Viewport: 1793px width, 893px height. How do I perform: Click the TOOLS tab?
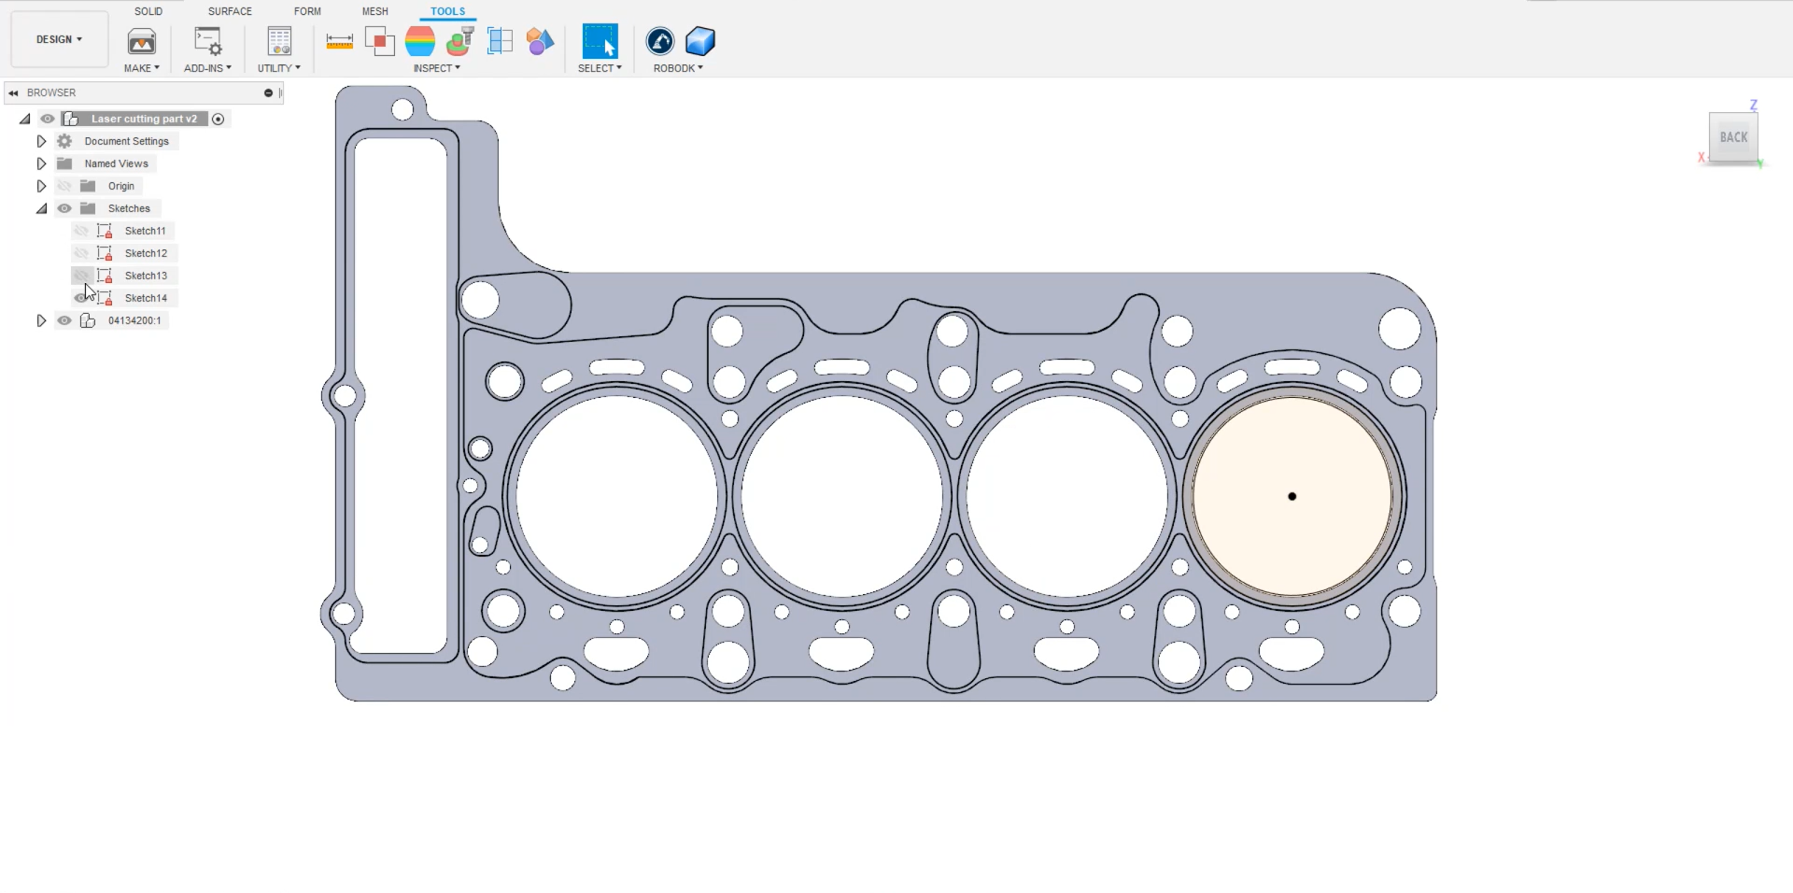click(x=447, y=11)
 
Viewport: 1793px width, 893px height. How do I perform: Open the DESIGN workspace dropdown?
click(x=59, y=39)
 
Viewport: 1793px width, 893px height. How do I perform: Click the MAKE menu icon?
click(x=142, y=42)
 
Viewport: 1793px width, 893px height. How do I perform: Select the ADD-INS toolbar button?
click(x=207, y=42)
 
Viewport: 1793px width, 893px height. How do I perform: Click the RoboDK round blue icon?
click(x=660, y=41)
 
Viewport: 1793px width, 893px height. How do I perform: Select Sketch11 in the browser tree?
click(x=145, y=231)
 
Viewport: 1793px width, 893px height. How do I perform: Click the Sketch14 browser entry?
click(x=146, y=298)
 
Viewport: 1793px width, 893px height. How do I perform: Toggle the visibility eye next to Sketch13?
click(x=81, y=276)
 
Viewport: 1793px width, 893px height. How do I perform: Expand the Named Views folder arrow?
click(x=41, y=163)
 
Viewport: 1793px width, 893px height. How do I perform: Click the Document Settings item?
click(x=126, y=141)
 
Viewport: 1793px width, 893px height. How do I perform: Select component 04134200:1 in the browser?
click(x=134, y=320)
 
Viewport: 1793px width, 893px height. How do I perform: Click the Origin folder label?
click(x=120, y=186)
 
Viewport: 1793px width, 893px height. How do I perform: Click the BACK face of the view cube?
click(x=1733, y=137)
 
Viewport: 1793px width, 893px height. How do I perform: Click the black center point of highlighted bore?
click(x=1292, y=497)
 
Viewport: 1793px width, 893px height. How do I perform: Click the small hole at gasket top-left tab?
click(x=402, y=110)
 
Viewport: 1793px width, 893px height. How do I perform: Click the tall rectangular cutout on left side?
click(x=400, y=392)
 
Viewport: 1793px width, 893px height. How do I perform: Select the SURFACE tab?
click(x=230, y=11)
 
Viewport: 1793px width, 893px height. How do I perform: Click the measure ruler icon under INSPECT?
click(x=339, y=41)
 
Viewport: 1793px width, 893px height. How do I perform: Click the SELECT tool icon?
click(x=600, y=42)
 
